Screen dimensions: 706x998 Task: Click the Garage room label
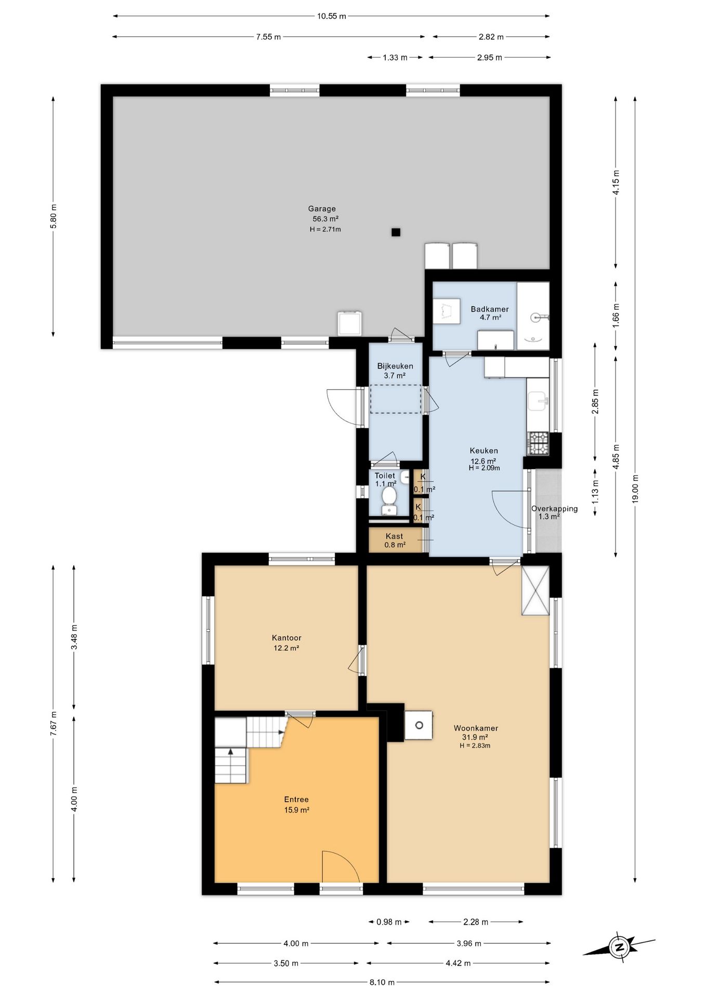(322, 209)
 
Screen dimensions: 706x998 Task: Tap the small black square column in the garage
(396, 232)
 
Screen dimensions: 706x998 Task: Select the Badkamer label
(490, 309)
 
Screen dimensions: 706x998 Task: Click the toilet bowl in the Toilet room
(388, 497)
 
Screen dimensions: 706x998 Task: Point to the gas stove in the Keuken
(538, 443)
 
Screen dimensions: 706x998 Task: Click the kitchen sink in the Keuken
(538, 401)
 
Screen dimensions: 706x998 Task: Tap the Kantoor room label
(286, 638)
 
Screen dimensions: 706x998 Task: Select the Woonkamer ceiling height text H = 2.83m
(475, 745)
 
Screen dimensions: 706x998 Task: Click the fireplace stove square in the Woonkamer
(419, 725)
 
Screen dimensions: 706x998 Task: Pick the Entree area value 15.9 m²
(297, 810)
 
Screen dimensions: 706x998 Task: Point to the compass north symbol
(619, 947)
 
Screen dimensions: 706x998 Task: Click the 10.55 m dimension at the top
(331, 16)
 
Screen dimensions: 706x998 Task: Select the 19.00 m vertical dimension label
(635, 489)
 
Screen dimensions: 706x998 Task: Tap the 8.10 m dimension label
(382, 982)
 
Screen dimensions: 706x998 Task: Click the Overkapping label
(554, 509)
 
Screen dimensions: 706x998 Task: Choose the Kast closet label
(394, 536)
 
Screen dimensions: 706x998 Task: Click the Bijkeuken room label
(395, 366)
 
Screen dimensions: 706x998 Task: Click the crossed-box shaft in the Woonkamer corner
(535, 590)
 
